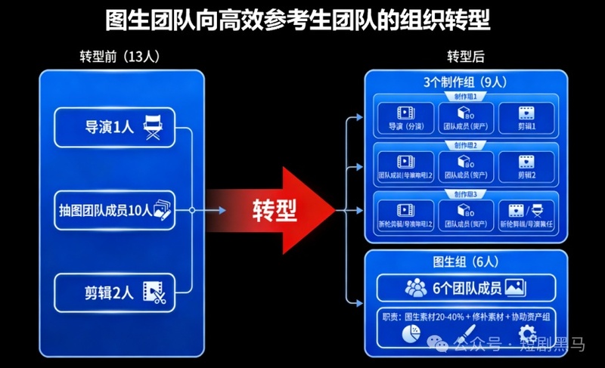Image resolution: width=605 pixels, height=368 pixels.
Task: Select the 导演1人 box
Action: tap(114, 127)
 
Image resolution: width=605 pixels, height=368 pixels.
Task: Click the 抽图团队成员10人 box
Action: tap(114, 211)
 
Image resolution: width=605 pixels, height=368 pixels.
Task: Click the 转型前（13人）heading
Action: tap(120, 57)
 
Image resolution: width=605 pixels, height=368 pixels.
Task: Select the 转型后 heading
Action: tap(465, 57)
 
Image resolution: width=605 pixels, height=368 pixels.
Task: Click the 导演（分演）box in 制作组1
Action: tap(405, 118)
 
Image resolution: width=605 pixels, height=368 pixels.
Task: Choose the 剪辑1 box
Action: tap(526, 118)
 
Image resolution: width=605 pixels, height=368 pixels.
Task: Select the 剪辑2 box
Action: tap(526, 166)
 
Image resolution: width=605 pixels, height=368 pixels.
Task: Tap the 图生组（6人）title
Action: tap(465, 262)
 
